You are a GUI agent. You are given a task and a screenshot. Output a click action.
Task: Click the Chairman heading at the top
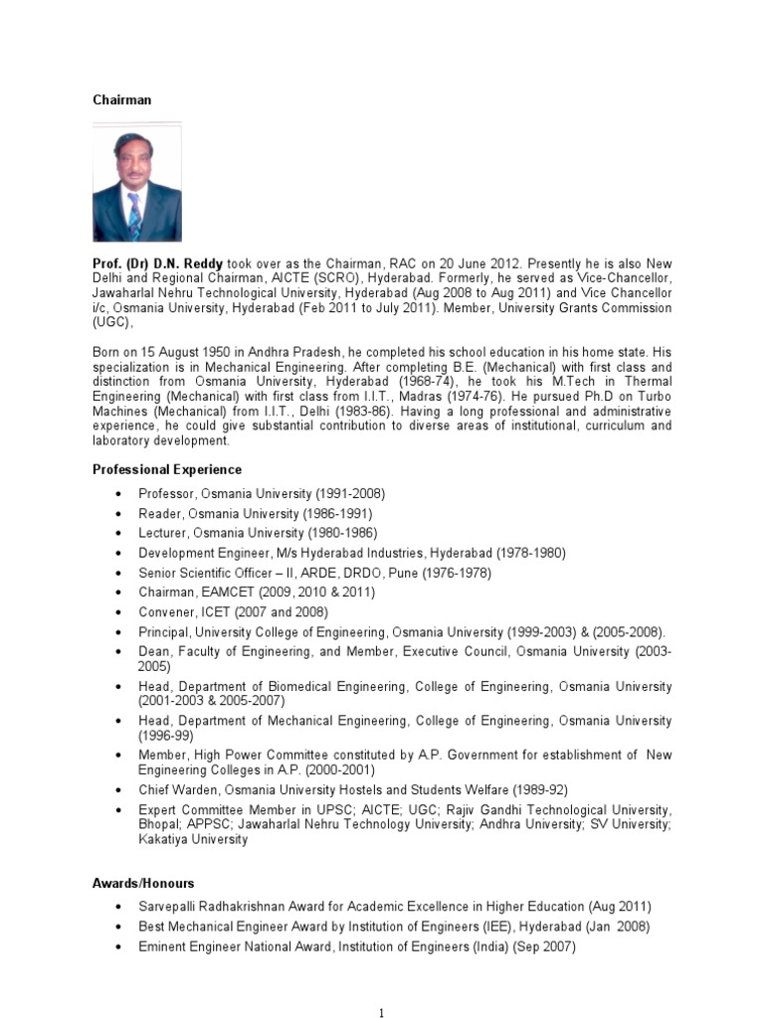(122, 100)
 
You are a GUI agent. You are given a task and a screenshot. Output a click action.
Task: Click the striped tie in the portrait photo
(134, 215)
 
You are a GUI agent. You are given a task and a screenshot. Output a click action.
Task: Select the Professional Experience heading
(166, 469)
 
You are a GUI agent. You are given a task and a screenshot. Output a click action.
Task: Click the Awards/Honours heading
(143, 883)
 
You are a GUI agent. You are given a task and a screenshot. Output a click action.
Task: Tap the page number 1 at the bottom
(381, 1013)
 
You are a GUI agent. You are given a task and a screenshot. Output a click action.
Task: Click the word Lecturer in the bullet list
(163, 533)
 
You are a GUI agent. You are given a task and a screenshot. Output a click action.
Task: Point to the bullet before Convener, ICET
(119, 612)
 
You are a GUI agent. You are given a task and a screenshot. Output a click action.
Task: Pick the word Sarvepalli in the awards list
(171, 907)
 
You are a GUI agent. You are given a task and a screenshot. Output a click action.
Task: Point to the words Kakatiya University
(193, 839)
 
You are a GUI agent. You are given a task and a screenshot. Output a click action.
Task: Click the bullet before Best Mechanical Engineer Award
(119, 927)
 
